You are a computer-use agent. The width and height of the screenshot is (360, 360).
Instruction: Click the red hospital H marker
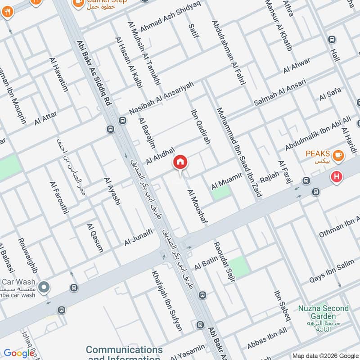pyautogui.click(x=336, y=177)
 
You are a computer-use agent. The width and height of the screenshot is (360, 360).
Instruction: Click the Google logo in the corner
pyautogui.click(x=18, y=353)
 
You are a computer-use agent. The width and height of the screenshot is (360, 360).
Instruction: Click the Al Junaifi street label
pyautogui.click(x=139, y=237)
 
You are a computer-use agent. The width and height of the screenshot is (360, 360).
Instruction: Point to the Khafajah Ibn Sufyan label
pyautogui.click(x=167, y=301)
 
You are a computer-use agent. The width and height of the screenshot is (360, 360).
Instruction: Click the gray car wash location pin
pyautogui.click(x=44, y=287)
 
